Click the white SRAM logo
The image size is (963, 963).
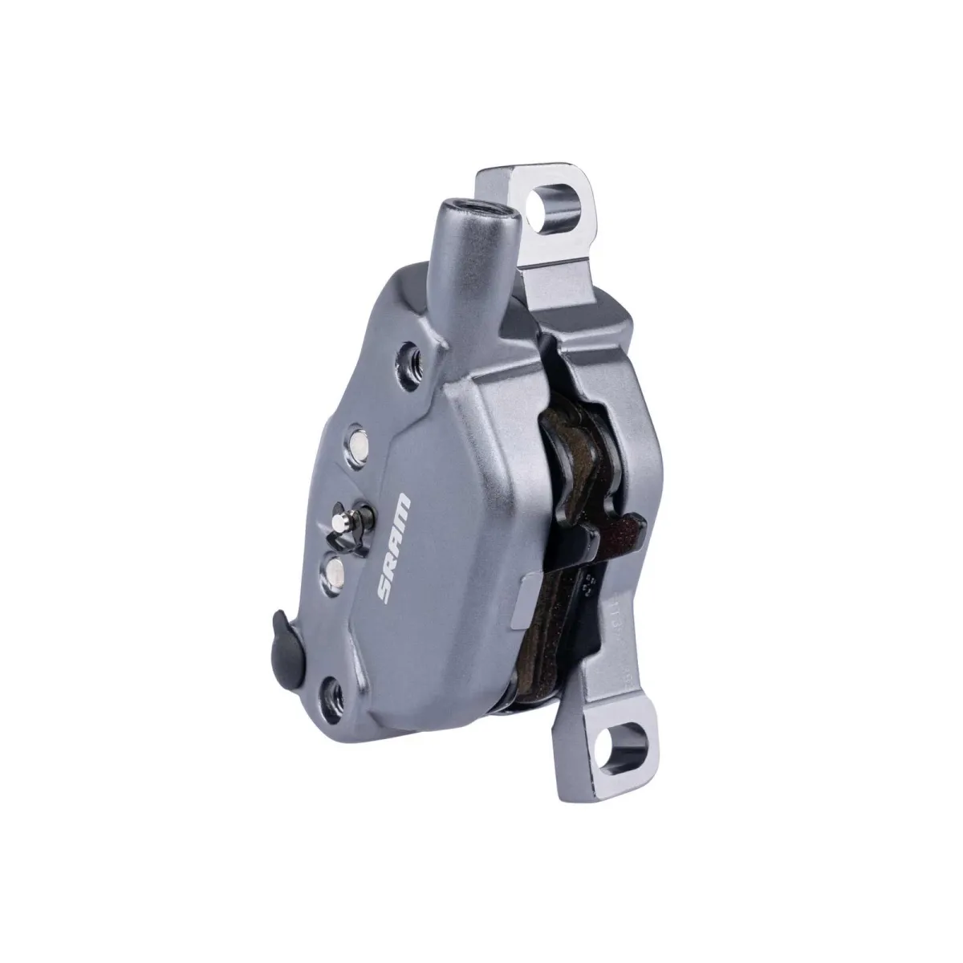pyautogui.click(x=394, y=547)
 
